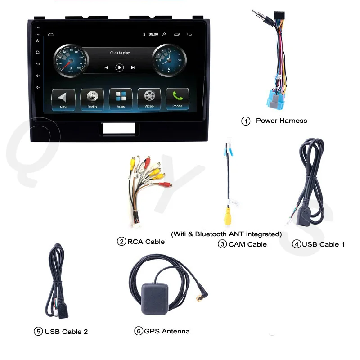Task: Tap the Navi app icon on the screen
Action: coord(63,99)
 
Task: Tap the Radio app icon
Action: coord(92,99)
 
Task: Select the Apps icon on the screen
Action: coord(121,99)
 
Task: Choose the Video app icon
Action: coord(149,99)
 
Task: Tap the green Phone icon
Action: coord(177,99)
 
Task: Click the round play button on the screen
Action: coord(120,67)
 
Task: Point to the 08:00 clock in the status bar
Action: coord(153,34)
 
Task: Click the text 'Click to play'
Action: coord(120,53)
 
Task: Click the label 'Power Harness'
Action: coord(281,121)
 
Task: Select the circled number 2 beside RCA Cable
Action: coord(121,242)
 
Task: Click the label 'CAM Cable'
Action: coord(247,244)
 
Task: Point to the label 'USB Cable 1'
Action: coord(323,244)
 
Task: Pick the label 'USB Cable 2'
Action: coord(66,332)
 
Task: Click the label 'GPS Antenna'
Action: coord(166,331)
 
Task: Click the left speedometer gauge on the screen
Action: coord(71,62)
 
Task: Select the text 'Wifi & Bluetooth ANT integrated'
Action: coord(226,234)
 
